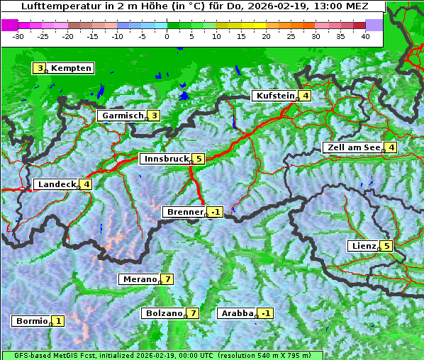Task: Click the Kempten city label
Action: click(71, 68)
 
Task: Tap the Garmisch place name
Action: click(123, 116)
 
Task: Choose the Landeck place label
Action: click(56, 184)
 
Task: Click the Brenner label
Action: click(184, 212)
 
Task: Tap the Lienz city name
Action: click(363, 246)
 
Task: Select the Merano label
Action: click(139, 279)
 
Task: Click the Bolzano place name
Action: click(164, 313)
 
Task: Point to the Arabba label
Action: click(237, 313)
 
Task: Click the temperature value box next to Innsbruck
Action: click(199, 159)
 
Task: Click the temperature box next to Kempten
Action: click(40, 68)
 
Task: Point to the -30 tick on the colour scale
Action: click(18, 35)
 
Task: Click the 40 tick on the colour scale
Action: click(365, 35)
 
